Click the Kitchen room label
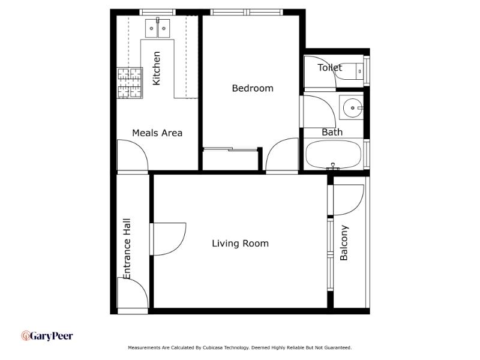click(156, 68)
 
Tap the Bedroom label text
click(253, 88)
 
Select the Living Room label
click(241, 244)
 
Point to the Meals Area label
click(157, 133)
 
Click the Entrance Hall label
click(127, 248)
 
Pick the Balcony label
click(344, 243)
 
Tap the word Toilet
click(329, 67)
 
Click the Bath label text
click(332, 132)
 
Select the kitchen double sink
click(157, 28)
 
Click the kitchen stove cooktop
click(130, 83)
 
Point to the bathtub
click(334, 155)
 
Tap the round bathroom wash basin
click(352, 108)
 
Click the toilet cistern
click(359, 71)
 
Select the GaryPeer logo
click(47, 336)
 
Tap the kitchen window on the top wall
click(157, 12)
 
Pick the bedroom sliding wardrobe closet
click(231, 159)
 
